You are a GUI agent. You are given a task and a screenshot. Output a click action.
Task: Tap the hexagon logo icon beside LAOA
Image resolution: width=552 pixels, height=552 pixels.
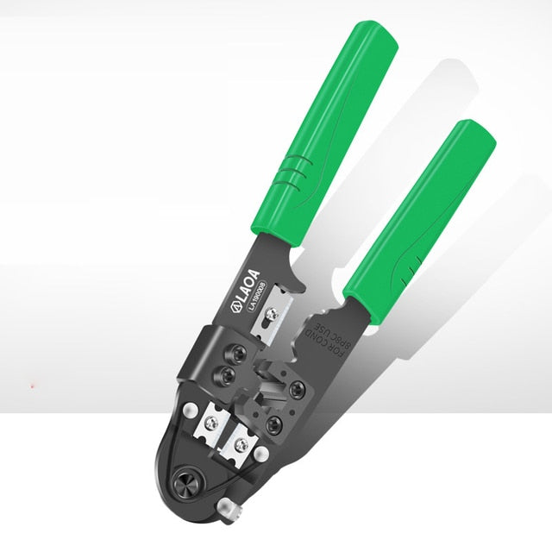coord(234,304)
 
